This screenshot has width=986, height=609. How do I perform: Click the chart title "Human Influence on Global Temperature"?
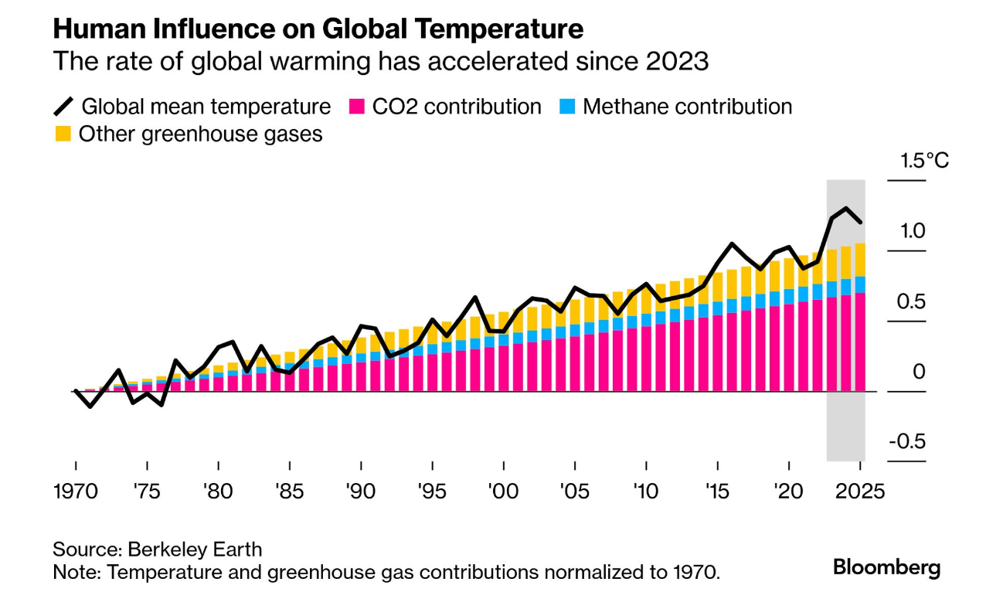click(x=318, y=29)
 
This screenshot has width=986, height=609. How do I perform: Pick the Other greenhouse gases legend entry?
click(x=189, y=134)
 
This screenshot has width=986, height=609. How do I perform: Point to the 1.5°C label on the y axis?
click(x=924, y=162)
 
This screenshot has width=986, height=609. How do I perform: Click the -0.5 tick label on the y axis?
click(x=906, y=442)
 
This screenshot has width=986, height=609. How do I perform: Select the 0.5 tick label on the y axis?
click(x=909, y=301)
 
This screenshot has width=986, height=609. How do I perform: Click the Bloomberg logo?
click(x=886, y=568)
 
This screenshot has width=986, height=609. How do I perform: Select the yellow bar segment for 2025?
click(x=858, y=260)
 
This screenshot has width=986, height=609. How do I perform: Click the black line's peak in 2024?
click(x=846, y=209)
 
